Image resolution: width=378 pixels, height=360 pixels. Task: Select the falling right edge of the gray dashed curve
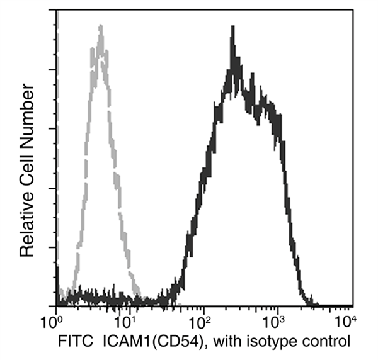120,189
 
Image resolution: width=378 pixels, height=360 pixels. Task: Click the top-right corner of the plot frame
352,11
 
